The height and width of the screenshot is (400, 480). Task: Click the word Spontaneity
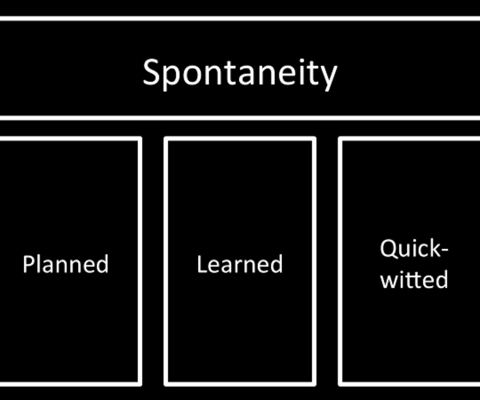pyautogui.click(x=240, y=73)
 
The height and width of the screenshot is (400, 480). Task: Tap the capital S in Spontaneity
pyautogui.click(x=151, y=72)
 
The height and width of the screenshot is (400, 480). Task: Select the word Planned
pyautogui.click(x=66, y=264)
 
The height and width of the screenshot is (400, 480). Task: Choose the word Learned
pyautogui.click(x=240, y=264)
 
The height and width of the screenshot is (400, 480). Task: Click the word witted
pyautogui.click(x=414, y=280)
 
